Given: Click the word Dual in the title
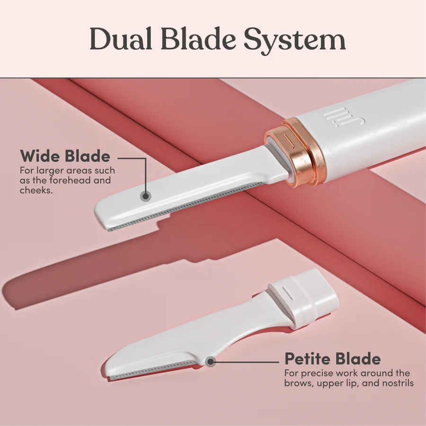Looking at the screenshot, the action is [x=121, y=38].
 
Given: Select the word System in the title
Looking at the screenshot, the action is [x=294, y=41].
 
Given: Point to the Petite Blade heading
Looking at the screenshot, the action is [x=333, y=359].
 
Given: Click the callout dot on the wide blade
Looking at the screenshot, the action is [x=146, y=196].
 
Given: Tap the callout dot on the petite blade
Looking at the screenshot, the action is [x=210, y=362].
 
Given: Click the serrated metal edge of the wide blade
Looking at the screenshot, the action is [x=186, y=206].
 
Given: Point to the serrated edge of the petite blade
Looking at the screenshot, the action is [x=154, y=370].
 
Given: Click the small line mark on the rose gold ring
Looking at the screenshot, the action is [x=289, y=141].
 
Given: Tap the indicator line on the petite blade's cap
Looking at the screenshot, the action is [x=287, y=293].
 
